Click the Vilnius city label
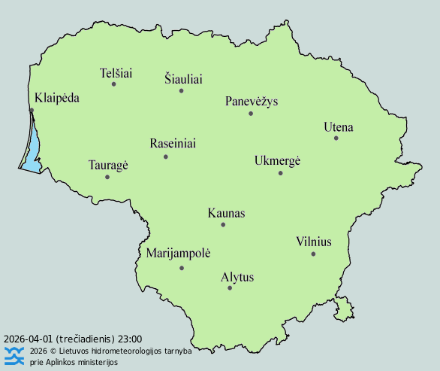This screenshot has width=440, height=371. point(313,242)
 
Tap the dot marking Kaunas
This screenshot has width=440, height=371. point(223,224)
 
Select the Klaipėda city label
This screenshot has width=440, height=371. point(57,98)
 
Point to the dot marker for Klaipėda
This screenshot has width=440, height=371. point(32,111)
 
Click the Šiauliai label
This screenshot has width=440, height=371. point(183,79)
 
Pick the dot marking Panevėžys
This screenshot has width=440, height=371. point(251,114)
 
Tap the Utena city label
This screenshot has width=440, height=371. point(338,126)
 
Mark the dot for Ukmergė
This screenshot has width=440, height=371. point(280,173)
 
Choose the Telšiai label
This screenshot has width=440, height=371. point(116,73)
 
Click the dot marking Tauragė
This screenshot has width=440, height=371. point(107,177)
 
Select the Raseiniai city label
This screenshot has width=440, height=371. point(173,143)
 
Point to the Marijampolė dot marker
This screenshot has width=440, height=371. point(181,268)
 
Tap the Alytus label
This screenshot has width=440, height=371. point(237,277)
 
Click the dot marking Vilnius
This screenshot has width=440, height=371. point(313,254)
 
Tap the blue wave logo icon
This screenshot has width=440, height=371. point(14,355)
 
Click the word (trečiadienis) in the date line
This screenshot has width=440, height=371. point(82,339)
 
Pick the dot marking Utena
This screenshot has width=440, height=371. point(336,138)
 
